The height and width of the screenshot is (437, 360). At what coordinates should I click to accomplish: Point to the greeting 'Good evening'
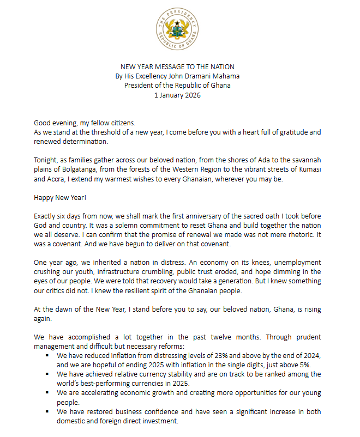tap(55, 123)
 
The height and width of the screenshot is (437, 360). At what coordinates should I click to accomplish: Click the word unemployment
tap(293, 262)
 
